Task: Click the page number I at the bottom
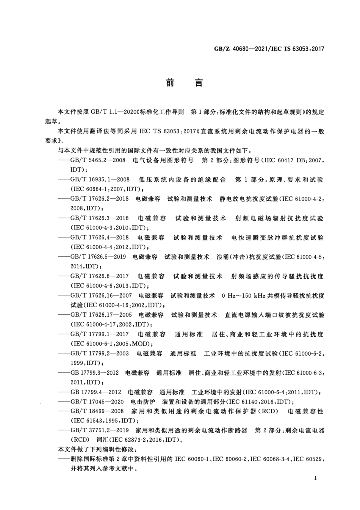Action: [x=315, y=478]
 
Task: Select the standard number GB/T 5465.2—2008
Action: [x=98, y=160]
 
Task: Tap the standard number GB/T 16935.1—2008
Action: [x=100, y=180]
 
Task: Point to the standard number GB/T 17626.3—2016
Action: [x=99, y=218]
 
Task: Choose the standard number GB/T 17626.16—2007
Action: [x=101, y=295]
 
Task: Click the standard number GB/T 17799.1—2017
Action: [x=99, y=334]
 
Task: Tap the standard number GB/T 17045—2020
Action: [x=97, y=402]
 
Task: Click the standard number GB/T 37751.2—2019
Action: [x=100, y=431]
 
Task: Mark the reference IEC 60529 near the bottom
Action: [x=308, y=460]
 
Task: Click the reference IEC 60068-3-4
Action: [x=269, y=460]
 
